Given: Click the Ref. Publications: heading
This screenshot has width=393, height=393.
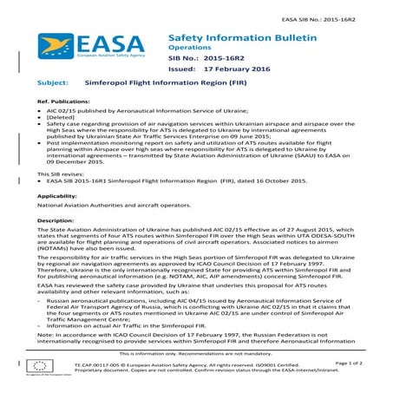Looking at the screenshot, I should (66, 127).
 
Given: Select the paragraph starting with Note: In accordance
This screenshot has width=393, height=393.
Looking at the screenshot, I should (196, 339).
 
